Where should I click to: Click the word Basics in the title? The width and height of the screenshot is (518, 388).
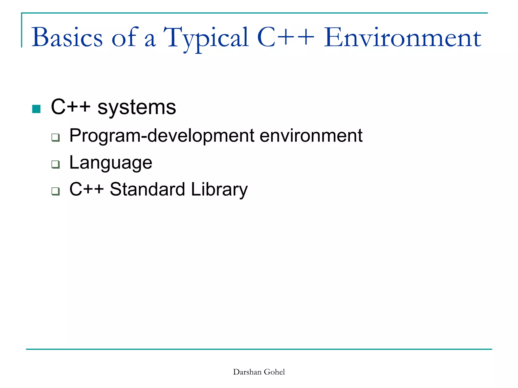click(x=67, y=38)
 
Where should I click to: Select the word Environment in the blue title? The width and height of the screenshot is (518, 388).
click(x=402, y=38)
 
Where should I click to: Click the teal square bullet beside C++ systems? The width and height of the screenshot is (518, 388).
click(x=36, y=109)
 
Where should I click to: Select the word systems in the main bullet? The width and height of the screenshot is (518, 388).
click(x=137, y=107)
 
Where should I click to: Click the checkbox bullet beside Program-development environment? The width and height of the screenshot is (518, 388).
click(x=55, y=138)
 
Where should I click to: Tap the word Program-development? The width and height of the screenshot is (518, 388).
click(x=162, y=136)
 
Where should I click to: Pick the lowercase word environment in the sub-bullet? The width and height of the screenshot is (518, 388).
click(x=311, y=136)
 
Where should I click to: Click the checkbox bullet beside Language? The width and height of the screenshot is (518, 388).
click(x=55, y=164)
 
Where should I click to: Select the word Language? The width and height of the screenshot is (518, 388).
click(x=111, y=163)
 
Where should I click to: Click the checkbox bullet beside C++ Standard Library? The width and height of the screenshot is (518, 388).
click(x=55, y=191)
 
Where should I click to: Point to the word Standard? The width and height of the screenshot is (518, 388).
click(x=147, y=189)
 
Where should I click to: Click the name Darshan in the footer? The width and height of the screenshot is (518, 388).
click(x=247, y=372)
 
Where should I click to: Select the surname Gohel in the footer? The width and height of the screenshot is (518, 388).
click(x=274, y=372)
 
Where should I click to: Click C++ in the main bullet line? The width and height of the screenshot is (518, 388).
click(x=71, y=107)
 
